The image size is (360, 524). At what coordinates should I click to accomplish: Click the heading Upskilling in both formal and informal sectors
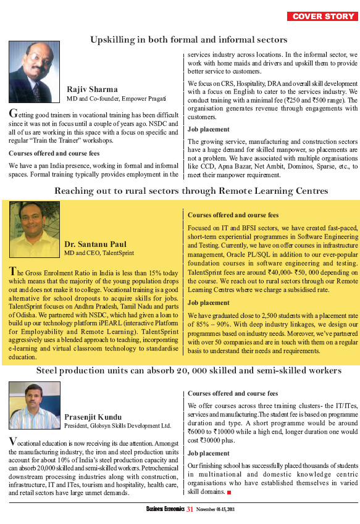pyautogui.click(x=180, y=40)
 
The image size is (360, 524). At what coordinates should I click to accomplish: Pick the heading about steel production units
pyautogui.click(x=180, y=370)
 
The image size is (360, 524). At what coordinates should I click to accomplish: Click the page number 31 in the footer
pyautogui.click(x=190, y=509)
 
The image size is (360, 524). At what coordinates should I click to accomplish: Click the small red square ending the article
pyautogui.click(x=229, y=493)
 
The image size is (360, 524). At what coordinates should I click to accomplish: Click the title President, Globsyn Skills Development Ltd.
pyautogui.click(x=118, y=426)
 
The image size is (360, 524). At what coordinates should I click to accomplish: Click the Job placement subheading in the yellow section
pyautogui.click(x=209, y=303)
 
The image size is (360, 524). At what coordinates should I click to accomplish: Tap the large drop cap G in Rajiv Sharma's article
pyautogui.click(x=13, y=114)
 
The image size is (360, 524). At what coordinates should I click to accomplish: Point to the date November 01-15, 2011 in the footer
pyautogui.click(x=216, y=510)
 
